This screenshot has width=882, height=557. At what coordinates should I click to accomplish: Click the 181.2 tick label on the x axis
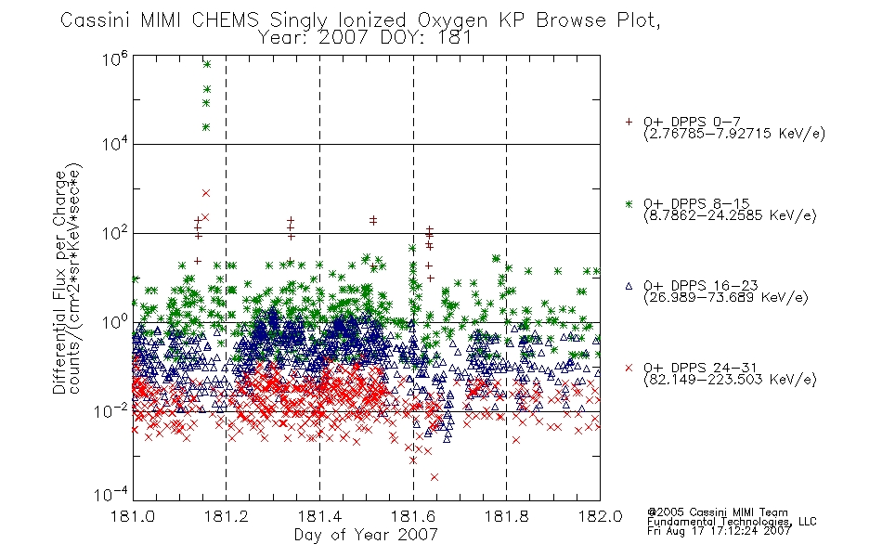point(227,516)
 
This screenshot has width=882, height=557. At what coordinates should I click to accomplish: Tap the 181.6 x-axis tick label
point(413,516)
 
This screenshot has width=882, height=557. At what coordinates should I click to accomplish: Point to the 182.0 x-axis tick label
point(600,516)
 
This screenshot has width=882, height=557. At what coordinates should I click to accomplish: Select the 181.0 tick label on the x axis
point(133,516)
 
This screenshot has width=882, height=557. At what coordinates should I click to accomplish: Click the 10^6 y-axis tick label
point(115,58)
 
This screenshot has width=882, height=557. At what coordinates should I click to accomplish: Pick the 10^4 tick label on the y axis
point(115,144)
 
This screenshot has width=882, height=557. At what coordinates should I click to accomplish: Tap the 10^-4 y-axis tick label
point(110,494)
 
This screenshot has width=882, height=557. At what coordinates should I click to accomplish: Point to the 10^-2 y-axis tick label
point(110,410)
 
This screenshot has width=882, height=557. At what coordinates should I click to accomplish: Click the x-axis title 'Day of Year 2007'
point(366,535)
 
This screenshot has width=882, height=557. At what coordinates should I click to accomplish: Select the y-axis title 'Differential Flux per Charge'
point(59,283)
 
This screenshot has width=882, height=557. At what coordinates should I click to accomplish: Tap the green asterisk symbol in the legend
point(629,204)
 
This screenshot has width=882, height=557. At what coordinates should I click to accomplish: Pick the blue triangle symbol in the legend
point(629,286)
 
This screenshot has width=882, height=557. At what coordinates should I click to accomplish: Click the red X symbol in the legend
point(629,368)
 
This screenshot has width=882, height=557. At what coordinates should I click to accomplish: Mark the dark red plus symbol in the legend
point(629,122)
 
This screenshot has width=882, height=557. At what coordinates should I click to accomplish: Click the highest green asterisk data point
point(206,64)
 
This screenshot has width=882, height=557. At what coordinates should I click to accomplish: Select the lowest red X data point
point(435,477)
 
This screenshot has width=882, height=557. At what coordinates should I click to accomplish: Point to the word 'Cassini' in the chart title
point(95,20)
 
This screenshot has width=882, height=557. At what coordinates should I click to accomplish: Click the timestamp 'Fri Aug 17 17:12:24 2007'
point(719,531)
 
